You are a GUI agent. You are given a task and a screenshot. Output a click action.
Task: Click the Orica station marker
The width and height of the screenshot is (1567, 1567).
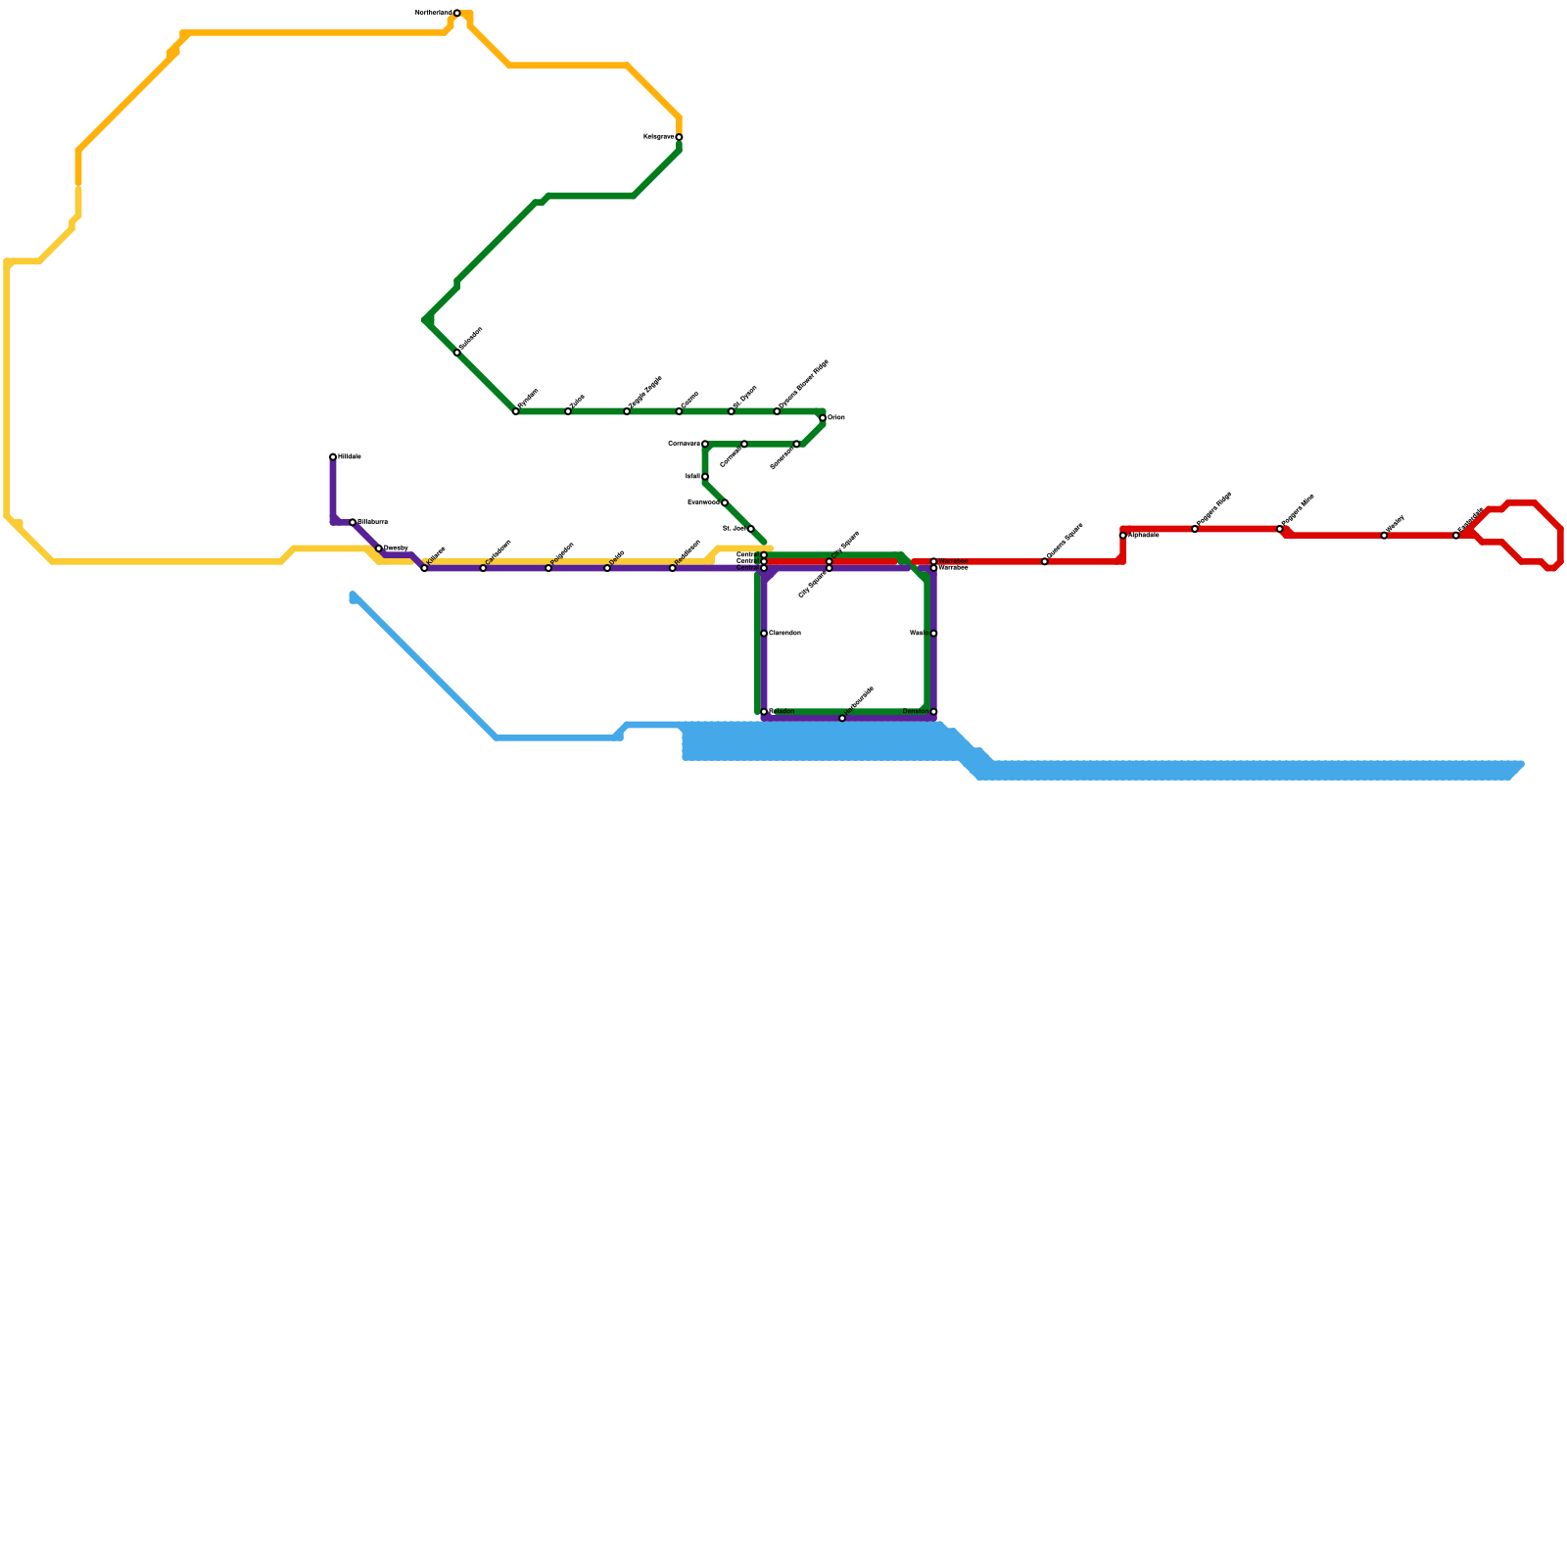pyautogui.click(x=823, y=418)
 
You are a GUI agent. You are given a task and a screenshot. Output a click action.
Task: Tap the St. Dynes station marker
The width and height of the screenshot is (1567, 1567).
pyautogui.click(x=732, y=411)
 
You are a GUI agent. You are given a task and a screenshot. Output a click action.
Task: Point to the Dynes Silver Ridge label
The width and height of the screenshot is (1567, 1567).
pyautogui.click(x=803, y=384)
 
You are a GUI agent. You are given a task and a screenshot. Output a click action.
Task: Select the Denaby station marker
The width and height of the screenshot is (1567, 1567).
pyautogui.click(x=379, y=548)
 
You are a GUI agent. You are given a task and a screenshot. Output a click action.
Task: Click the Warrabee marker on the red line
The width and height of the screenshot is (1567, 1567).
pyautogui.click(x=933, y=561)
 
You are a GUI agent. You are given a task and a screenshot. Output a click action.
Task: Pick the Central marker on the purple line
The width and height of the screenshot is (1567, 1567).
pyautogui.click(x=764, y=568)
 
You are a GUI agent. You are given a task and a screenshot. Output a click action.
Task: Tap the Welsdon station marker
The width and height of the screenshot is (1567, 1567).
pyautogui.click(x=764, y=712)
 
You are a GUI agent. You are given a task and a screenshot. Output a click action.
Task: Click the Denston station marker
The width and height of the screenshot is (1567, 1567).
pyautogui.click(x=933, y=712)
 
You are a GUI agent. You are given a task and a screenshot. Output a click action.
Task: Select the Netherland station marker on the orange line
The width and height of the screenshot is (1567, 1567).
pyautogui.click(x=457, y=13)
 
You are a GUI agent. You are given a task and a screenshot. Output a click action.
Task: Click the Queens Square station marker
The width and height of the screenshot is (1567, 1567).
pyautogui.click(x=1045, y=561)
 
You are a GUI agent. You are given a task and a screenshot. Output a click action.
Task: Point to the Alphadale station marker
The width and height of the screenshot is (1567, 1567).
pyautogui.click(x=1123, y=536)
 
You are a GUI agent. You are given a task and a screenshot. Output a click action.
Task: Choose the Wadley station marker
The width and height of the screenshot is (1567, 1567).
pyautogui.click(x=1384, y=536)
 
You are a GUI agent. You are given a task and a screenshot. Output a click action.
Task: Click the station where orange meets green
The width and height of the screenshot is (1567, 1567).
pyautogui.click(x=679, y=137)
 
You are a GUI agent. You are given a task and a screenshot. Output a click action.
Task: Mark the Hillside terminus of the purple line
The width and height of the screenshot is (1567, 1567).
pyautogui.click(x=333, y=457)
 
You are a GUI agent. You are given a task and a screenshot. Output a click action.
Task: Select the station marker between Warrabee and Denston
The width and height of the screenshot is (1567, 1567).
pyautogui.click(x=933, y=634)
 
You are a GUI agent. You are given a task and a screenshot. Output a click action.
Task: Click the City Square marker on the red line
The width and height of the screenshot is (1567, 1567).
pyautogui.click(x=830, y=561)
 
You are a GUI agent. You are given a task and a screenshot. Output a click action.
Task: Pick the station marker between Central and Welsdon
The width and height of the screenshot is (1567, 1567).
pyautogui.click(x=764, y=634)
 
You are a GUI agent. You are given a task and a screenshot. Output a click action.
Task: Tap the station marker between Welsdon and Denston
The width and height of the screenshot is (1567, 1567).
pyautogui.click(x=842, y=718)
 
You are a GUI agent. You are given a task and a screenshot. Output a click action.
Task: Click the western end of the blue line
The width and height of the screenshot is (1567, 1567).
pyautogui.click(x=353, y=595)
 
